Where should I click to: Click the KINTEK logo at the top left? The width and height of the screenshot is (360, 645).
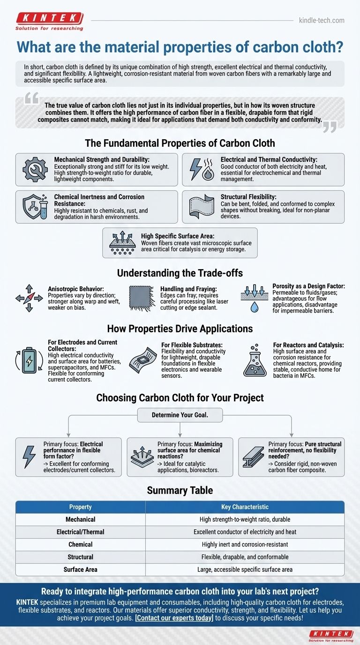click(x=50, y=21)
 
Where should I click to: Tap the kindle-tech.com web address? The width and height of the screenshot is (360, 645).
click(x=321, y=20)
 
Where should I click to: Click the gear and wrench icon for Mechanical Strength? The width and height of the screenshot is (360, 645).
click(x=35, y=169)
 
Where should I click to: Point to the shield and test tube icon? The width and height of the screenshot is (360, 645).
click(x=35, y=207)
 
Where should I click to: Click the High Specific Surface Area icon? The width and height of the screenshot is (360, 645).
click(x=122, y=243)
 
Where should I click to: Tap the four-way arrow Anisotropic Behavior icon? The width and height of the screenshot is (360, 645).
click(x=29, y=298)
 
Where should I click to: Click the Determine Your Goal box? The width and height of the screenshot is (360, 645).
click(x=180, y=415)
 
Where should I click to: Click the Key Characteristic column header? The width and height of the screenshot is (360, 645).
click(x=245, y=507)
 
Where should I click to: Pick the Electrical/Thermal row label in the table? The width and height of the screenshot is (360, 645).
click(x=80, y=532)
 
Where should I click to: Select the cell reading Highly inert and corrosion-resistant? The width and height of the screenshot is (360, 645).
click(x=245, y=544)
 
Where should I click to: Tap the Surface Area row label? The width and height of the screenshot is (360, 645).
click(x=80, y=570)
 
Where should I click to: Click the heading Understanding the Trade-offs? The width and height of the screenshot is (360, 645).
click(x=180, y=272)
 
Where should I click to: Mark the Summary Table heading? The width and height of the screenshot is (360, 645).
click(x=180, y=490)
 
